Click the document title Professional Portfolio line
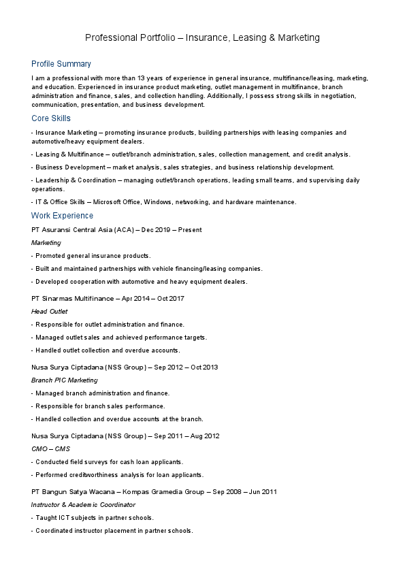pyautogui.click(x=202, y=38)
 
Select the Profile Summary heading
pyautogui.click(x=61, y=64)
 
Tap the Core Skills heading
pyautogui.click(x=51, y=118)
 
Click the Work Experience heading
pyautogui.click(x=63, y=216)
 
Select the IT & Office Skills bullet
pyautogui.click(x=164, y=202)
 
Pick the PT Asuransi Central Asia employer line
pyautogui.click(x=116, y=230)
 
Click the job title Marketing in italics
pyautogui.click(x=46, y=243)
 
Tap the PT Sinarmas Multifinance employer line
pyautogui.click(x=108, y=299)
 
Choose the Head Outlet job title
pyautogui.click(x=50, y=312)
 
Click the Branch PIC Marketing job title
pyautogui.click(x=65, y=380)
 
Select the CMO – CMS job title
pyautogui.click(x=50, y=449)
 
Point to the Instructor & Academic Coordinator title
pyautogui.click(x=84, y=505)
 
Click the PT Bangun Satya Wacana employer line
pyautogui.click(x=154, y=491)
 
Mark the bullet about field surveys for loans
pyautogui.click(x=108, y=462)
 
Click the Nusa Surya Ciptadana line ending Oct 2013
pyautogui.click(x=125, y=367)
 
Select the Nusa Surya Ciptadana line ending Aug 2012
pyautogui.click(x=125, y=436)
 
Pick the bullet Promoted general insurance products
pyautogui.click(x=91, y=256)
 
